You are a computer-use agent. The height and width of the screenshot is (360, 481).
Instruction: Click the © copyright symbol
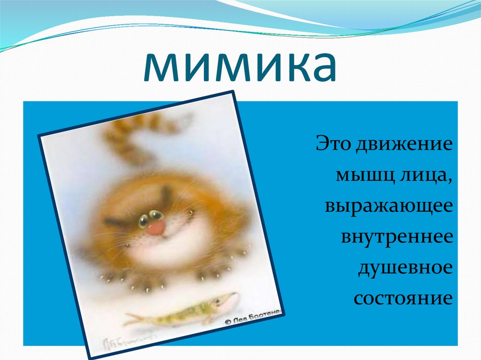227,322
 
